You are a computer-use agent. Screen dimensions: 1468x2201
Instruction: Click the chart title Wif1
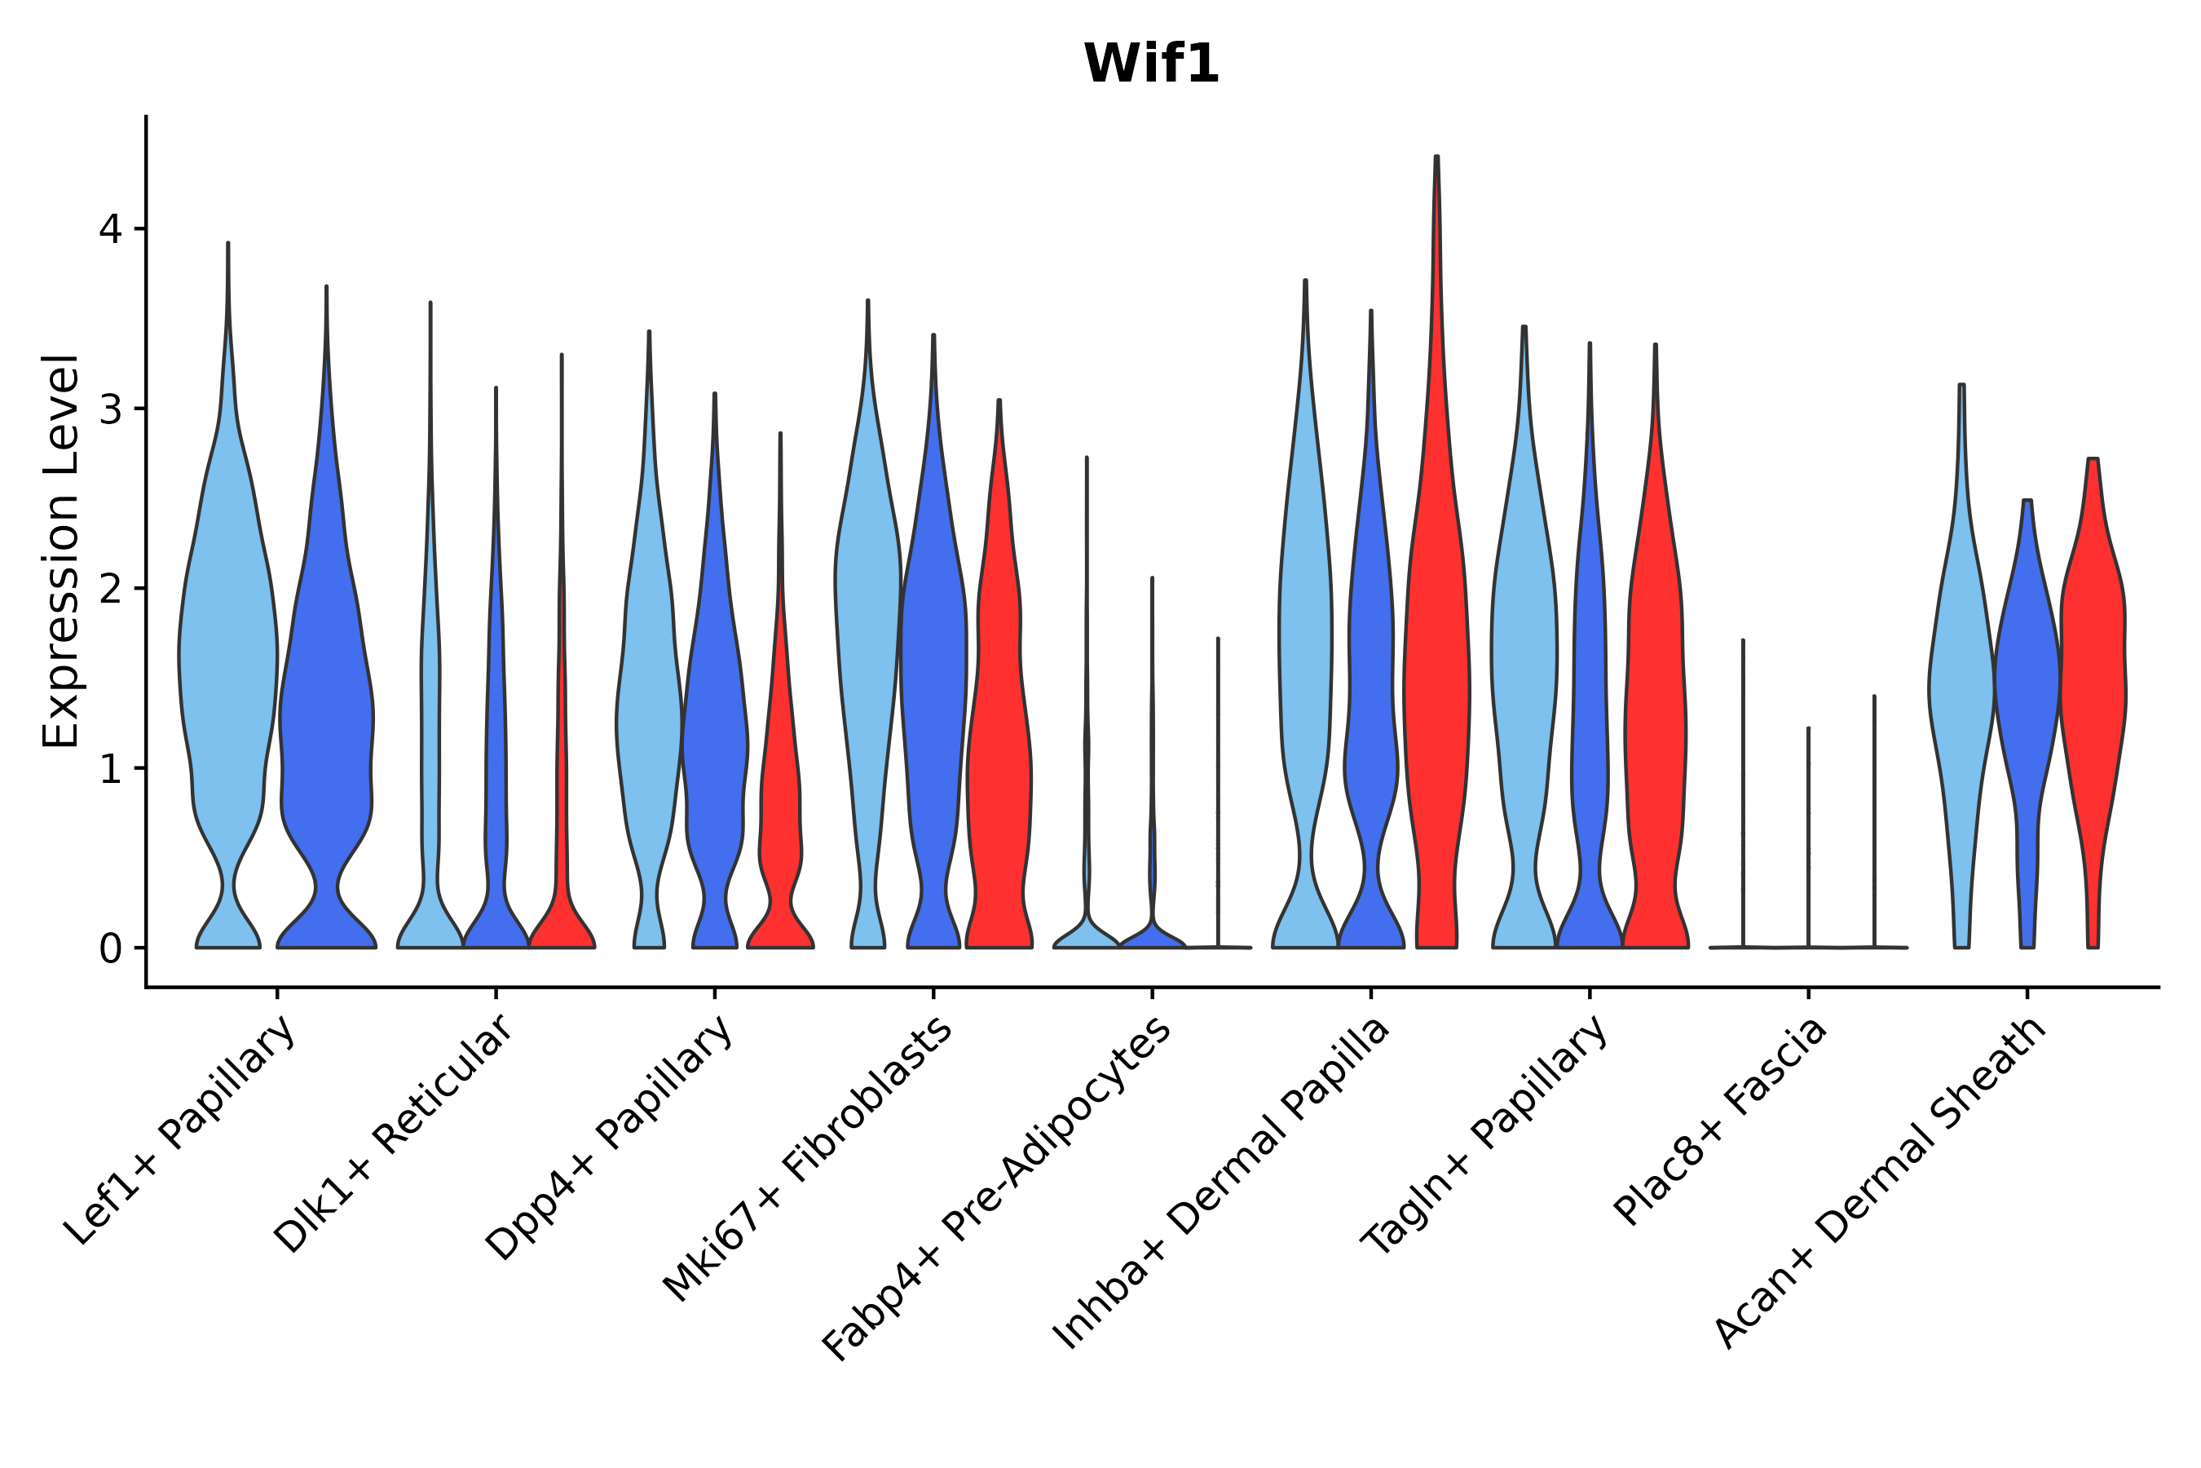pyautogui.click(x=1151, y=64)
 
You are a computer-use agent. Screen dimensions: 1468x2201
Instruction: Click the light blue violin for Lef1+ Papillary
pyautogui.click(x=227, y=656)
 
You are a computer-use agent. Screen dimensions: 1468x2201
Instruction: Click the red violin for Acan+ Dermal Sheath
pyautogui.click(x=2094, y=656)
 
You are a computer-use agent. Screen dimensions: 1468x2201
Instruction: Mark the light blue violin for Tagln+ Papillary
pyautogui.click(x=1524, y=656)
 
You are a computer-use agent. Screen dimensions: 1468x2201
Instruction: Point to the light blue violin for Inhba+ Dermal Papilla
pyautogui.click(x=1304, y=656)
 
